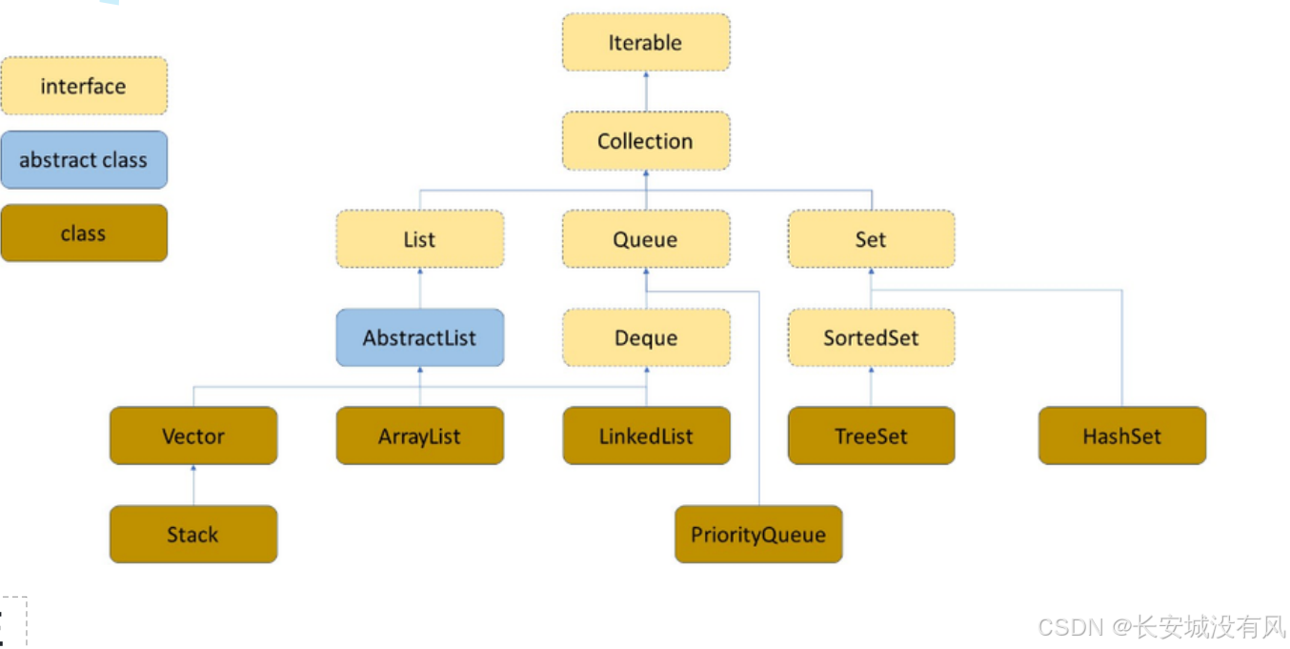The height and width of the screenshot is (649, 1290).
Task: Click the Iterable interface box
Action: click(646, 43)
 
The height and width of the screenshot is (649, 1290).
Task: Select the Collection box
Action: click(646, 141)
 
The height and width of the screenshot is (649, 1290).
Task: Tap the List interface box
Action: click(419, 239)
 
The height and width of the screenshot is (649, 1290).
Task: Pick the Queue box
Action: click(646, 239)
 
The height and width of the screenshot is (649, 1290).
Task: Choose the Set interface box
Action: click(871, 239)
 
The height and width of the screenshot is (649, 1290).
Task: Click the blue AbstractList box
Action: click(419, 337)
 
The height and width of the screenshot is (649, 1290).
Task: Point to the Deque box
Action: click(646, 337)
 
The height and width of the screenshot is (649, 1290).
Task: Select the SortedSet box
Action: click(871, 337)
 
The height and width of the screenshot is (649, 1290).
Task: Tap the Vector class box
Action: click(193, 436)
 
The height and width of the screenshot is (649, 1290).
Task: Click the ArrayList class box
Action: click(419, 436)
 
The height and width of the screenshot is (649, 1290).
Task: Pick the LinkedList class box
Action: click(646, 436)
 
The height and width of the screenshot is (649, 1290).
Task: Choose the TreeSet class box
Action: click(871, 436)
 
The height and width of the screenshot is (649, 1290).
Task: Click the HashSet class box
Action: click(1121, 436)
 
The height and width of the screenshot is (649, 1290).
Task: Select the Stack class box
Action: click(193, 535)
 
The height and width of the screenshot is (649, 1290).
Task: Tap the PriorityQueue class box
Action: click(758, 535)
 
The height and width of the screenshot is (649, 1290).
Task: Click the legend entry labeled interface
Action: click(84, 86)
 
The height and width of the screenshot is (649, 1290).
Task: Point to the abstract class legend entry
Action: click(84, 160)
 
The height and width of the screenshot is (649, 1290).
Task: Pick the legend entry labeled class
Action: click(84, 233)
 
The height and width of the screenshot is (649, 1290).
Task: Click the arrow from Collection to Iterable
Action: click(646, 91)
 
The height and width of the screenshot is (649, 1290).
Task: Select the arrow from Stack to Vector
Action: click(193, 485)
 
